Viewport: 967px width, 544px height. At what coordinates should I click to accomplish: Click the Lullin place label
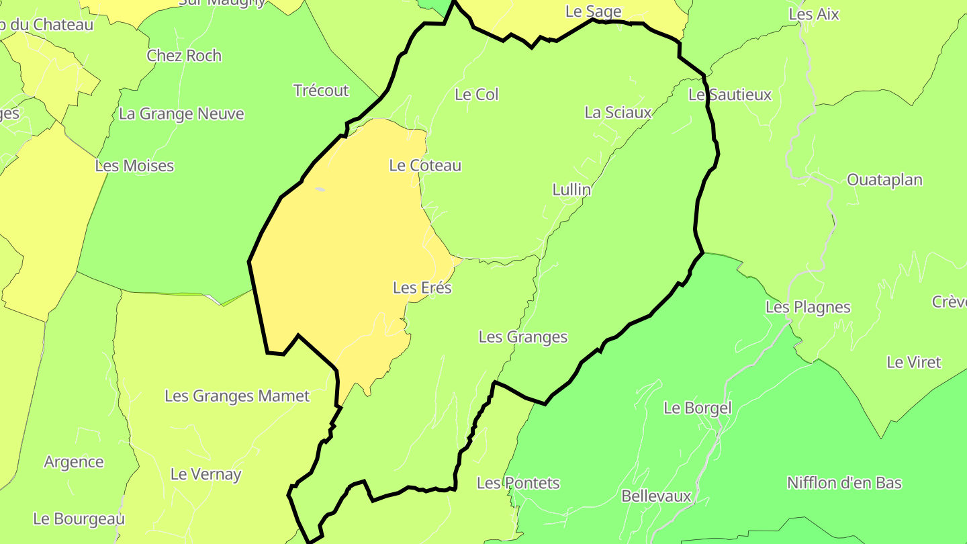pyautogui.click(x=571, y=190)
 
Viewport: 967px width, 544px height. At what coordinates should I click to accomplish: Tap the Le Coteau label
pyautogui.click(x=425, y=165)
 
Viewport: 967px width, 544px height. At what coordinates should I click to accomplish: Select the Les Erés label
pyautogui.click(x=422, y=288)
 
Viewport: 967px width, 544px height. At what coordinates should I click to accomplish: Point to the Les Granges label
pyautogui.click(x=522, y=337)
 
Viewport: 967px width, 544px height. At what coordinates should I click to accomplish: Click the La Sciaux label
pyautogui.click(x=618, y=113)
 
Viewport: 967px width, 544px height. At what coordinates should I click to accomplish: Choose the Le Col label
pyautogui.click(x=477, y=95)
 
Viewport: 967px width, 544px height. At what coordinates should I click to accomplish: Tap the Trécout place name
pyautogui.click(x=321, y=91)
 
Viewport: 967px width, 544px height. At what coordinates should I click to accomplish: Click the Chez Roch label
pyautogui.click(x=184, y=56)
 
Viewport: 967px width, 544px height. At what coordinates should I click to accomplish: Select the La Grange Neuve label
pyautogui.click(x=181, y=114)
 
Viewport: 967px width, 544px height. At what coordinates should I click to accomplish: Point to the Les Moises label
pyautogui.click(x=134, y=166)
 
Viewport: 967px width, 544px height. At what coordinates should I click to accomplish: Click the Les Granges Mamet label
pyautogui.click(x=237, y=396)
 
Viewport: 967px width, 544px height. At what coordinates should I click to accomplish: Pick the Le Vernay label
pyautogui.click(x=205, y=474)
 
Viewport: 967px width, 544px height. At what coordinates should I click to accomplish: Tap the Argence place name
pyautogui.click(x=74, y=462)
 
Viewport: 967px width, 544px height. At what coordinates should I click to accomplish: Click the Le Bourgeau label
pyautogui.click(x=79, y=519)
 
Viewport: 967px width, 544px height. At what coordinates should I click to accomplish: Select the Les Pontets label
pyautogui.click(x=518, y=483)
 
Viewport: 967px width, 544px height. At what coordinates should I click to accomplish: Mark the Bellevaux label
pyautogui.click(x=656, y=496)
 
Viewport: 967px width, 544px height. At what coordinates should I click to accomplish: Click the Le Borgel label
pyautogui.click(x=697, y=408)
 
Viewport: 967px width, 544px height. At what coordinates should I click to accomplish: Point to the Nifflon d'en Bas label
pyautogui.click(x=844, y=483)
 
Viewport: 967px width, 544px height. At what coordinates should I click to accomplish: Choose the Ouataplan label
pyautogui.click(x=884, y=180)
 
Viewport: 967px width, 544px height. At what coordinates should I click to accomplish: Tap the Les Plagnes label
pyautogui.click(x=808, y=308)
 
